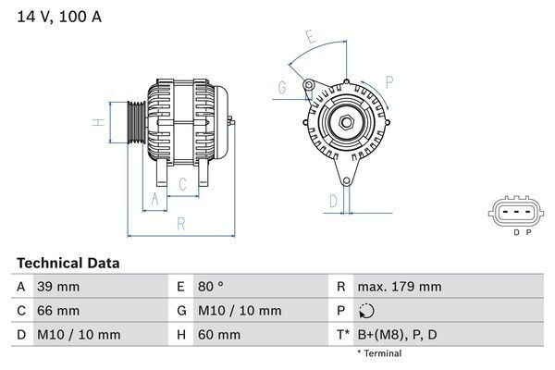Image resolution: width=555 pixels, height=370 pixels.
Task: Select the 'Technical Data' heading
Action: click(68, 264)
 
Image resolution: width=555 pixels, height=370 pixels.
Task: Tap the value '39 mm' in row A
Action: click(57, 287)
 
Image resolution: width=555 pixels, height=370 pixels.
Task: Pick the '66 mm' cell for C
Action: click(57, 310)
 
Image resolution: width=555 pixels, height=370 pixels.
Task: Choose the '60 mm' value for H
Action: click(215, 334)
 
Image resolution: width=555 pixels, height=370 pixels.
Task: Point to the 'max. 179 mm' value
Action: click(400, 287)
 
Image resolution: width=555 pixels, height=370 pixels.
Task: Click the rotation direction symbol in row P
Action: click(366, 311)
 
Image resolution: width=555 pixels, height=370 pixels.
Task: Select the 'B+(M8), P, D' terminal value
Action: click(399, 334)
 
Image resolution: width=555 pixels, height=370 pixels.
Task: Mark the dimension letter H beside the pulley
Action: click(96, 122)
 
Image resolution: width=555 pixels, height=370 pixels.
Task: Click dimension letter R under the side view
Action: click(181, 223)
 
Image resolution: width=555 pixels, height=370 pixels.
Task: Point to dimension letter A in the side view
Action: click(154, 198)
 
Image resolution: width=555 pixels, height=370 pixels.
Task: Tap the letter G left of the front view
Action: click(281, 89)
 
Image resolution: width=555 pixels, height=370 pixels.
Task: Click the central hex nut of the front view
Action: click(344, 123)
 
